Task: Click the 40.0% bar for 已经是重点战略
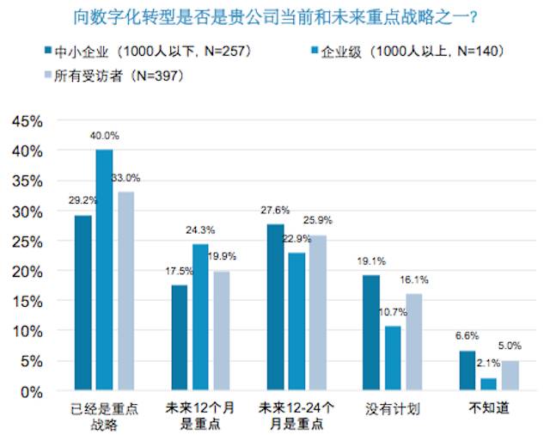click(x=105, y=270)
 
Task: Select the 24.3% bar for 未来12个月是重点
click(x=201, y=317)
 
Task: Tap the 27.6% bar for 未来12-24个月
click(x=276, y=307)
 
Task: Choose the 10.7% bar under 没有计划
click(x=393, y=358)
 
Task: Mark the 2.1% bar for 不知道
click(x=489, y=384)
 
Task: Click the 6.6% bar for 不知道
click(x=467, y=371)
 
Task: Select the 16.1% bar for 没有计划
click(x=414, y=342)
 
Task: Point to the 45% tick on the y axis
click(x=27, y=121)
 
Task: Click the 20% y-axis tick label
click(x=27, y=272)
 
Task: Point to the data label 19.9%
click(x=223, y=257)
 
